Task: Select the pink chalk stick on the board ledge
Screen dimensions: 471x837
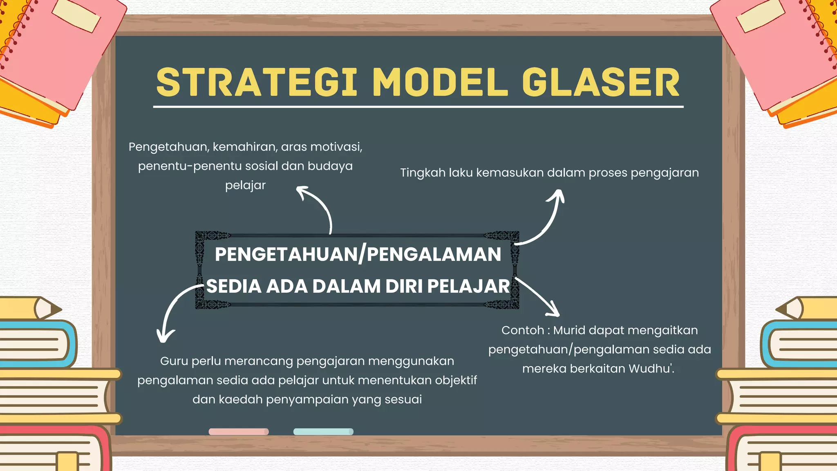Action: [x=239, y=431]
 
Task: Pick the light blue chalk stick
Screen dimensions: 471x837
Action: [x=323, y=431]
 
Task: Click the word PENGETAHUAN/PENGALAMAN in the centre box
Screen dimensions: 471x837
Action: [x=358, y=254]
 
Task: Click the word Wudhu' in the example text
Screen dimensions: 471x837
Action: [x=651, y=368]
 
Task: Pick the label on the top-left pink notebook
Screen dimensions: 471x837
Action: [x=76, y=15]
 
